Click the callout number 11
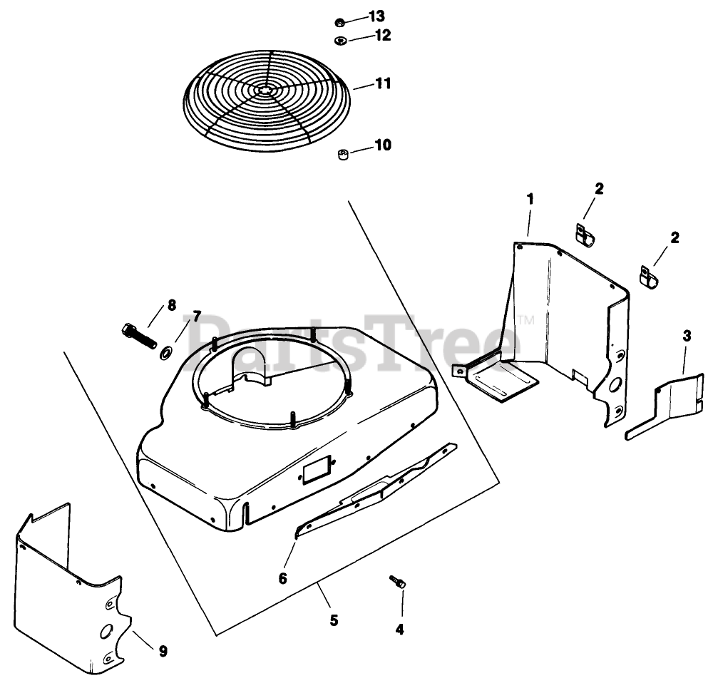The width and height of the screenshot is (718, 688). [x=383, y=83]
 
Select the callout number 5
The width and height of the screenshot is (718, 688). [x=333, y=620]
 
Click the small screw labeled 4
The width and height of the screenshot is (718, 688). [x=398, y=583]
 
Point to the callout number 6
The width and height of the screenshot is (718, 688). [x=282, y=578]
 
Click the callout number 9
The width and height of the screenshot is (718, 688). [x=163, y=650]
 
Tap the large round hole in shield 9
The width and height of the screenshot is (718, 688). [x=106, y=630]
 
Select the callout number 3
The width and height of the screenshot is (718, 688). [x=686, y=334]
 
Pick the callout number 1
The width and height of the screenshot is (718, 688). [x=530, y=199]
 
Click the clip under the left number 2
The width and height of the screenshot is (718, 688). [x=585, y=234]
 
